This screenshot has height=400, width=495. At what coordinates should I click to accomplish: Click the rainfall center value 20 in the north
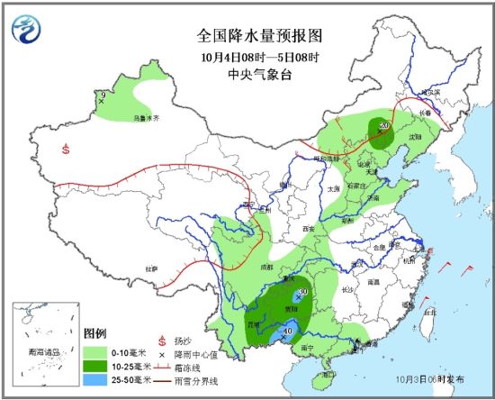click(382, 125)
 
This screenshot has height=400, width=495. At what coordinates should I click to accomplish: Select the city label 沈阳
click(416, 136)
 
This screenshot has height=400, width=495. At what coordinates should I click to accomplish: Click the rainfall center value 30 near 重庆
click(303, 292)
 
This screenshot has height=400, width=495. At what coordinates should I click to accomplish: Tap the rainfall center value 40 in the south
click(287, 331)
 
